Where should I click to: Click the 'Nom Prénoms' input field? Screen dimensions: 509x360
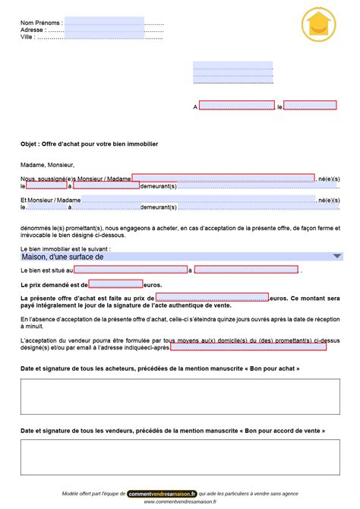[104, 22]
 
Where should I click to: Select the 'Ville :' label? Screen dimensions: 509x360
[27, 36]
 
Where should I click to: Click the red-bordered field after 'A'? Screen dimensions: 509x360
[236, 106]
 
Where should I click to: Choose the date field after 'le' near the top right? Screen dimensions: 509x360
[310, 106]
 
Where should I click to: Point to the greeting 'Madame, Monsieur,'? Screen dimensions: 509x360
[47, 164]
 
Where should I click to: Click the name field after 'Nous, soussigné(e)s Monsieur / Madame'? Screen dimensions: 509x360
[223, 178]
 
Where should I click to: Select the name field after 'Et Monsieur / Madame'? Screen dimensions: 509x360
[197, 200]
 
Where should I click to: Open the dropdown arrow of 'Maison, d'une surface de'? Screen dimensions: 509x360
[337, 257]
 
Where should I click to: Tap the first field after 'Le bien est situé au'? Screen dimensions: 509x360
[131, 270]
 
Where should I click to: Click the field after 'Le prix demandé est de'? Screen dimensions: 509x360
[115, 284]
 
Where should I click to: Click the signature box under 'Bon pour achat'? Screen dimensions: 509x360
[179, 396]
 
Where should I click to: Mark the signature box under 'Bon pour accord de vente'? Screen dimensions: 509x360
[179, 458]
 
